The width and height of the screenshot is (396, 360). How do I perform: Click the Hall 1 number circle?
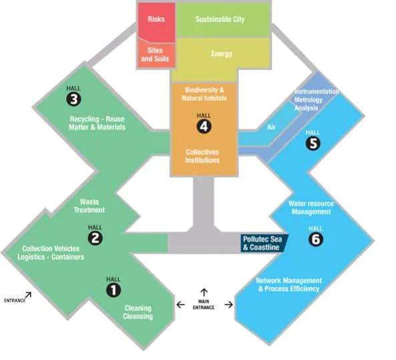pyautogui.click(x=114, y=290)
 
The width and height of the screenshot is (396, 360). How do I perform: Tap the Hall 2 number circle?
pyautogui.click(x=95, y=238)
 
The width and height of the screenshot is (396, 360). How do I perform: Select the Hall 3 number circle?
pyautogui.click(x=73, y=99)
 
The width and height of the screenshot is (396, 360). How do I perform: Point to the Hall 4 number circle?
pyautogui.click(x=204, y=126)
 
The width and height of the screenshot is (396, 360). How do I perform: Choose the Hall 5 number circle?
pyautogui.click(x=313, y=143)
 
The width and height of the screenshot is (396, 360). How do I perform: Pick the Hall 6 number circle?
pyautogui.click(x=316, y=239)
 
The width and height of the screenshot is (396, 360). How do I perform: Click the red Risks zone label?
pyautogui.click(x=156, y=19)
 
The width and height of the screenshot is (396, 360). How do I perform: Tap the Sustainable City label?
pyautogui.click(x=220, y=19)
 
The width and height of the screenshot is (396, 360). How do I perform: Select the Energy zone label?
pyautogui.click(x=222, y=54)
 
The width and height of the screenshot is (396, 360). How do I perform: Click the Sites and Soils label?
pyautogui.click(x=155, y=55)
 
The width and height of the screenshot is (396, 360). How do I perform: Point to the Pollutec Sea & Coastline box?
pyautogui.click(x=264, y=243)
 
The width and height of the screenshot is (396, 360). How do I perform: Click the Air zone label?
pyautogui.click(x=271, y=127)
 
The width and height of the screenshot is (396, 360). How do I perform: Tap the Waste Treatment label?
pyautogui.click(x=89, y=206)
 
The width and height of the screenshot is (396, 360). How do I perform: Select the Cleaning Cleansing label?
pyautogui.click(x=138, y=313)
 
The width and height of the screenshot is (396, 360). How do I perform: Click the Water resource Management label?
pyautogui.click(x=311, y=208)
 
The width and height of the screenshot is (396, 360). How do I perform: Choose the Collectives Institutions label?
pyautogui.click(x=202, y=156)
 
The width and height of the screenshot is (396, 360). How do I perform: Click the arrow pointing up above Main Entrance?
pyautogui.click(x=204, y=293)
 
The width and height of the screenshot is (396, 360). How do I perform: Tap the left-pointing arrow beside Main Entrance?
pyautogui.click(x=180, y=305)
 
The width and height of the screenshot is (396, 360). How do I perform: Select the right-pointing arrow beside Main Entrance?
pyautogui.click(x=228, y=305)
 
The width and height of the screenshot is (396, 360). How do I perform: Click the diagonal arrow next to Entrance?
pyautogui.click(x=28, y=295)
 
